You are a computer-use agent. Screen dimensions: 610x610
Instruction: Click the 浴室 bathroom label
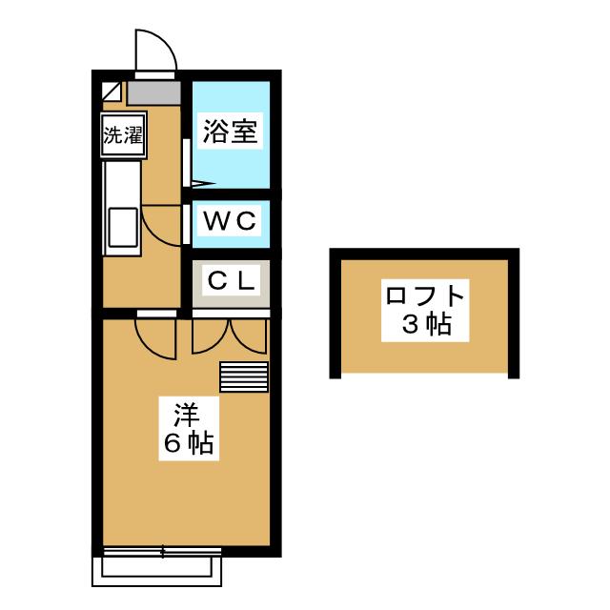[x=230, y=132]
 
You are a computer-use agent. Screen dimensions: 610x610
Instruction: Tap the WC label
[x=231, y=221]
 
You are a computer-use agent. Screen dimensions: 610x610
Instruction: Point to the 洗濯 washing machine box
[x=123, y=134]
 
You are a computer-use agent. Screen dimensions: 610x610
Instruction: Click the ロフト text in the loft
[x=425, y=295]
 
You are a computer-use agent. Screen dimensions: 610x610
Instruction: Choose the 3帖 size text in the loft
[x=427, y=324]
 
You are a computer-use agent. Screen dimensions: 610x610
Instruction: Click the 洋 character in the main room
[x=187, y=415]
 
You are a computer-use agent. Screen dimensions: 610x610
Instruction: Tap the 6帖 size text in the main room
[x=189, y=443]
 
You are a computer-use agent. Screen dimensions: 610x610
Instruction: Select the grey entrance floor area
[x=154, y=92]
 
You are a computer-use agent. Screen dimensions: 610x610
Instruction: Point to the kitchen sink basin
[x=123, y=228]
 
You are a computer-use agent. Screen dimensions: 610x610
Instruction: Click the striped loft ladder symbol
[x=244, y=376]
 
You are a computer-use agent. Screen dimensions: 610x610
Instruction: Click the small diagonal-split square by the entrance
[x=112, y=91]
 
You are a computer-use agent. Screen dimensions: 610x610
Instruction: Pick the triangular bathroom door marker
[x=203, y=183]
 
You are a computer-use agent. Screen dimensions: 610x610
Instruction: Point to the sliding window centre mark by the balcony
[x=162, y=552]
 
